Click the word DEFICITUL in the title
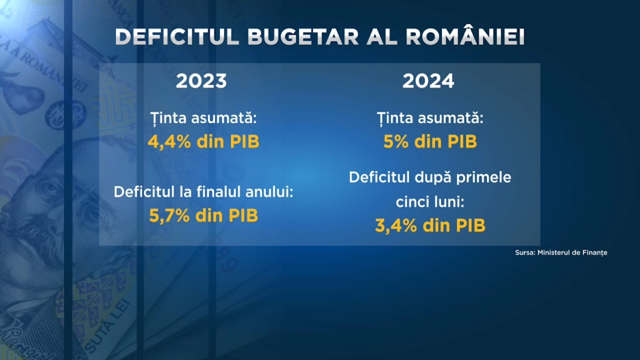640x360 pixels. click(x=177, y=37)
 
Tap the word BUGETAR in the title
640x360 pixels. click(x=303, y=37)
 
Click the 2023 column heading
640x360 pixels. click(x=202, y=81)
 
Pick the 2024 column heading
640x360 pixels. click(x=428, y=81)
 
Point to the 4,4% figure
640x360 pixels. click(x=170, y=142)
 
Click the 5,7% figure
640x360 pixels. click(x=170, y=215)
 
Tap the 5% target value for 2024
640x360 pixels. click(x=396, y=142)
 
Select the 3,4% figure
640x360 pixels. click(x=396, y=225)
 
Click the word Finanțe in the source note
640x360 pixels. click(x=594, y=252)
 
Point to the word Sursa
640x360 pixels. click(x=525, y=252)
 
